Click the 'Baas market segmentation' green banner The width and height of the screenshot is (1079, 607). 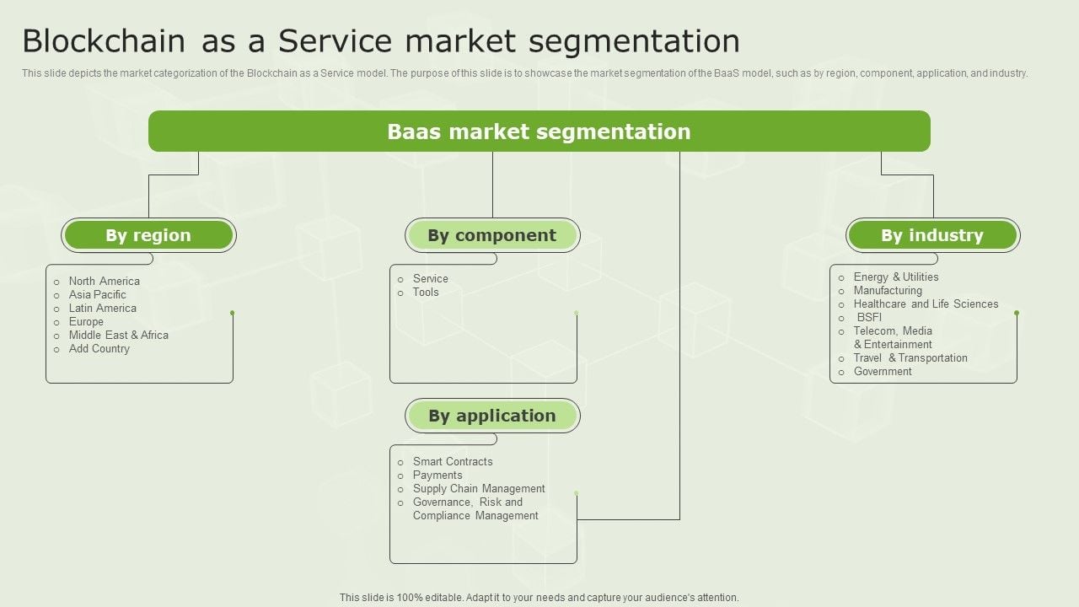pos(539,132)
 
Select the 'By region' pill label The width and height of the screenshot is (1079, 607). pos(148,235)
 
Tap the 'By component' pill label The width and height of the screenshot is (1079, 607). pos(492,235)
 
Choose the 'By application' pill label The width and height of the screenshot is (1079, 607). pos(492,416)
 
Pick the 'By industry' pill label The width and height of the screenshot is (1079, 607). pos(932,235)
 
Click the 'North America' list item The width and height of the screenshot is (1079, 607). pos(105,282)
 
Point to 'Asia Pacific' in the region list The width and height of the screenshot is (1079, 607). pos(98,295)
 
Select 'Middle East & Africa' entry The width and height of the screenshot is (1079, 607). pos(119,336)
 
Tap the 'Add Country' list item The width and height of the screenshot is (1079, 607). pos(99,349)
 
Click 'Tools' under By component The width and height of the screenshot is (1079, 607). pos(426,293)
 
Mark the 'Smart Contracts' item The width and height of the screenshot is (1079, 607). pos(453,462)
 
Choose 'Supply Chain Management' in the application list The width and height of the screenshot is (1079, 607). pos(479,489)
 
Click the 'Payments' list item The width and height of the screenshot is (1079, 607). pos(438,475)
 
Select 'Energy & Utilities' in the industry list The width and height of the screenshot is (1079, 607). pos(896,277)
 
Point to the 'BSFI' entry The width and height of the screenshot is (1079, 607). pos(869,318)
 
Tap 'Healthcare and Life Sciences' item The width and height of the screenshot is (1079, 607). pos(926,304)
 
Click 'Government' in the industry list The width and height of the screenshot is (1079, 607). pos(883,372)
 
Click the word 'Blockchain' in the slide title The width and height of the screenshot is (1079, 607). pos(104,41)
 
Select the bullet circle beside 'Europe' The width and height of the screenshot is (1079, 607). pos(56,322)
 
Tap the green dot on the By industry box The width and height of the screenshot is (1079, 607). pos(1017,313)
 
